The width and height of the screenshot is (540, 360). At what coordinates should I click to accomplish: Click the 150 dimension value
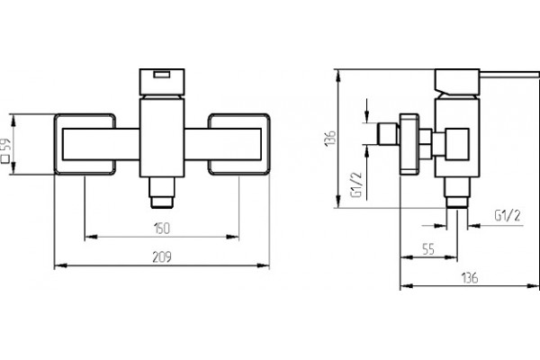tap(162, 229)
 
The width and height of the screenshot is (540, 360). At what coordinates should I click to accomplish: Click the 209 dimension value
tap(162, 257)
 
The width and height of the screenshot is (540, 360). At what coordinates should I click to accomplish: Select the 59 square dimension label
tap(6, 150)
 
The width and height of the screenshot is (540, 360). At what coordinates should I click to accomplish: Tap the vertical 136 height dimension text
tap(330, 138)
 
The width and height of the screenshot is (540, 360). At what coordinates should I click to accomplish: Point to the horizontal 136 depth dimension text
tap(470, 278)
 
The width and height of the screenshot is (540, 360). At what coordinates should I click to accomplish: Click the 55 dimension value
tap(428, 249)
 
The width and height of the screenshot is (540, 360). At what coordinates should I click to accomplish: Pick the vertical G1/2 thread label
tap(357, 184)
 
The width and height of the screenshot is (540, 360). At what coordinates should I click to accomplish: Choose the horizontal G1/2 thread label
tap(508, 216)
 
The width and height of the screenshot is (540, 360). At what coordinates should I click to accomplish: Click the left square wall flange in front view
tap(85, 144)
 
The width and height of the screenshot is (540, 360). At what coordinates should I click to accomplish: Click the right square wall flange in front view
tap(238, 144)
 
